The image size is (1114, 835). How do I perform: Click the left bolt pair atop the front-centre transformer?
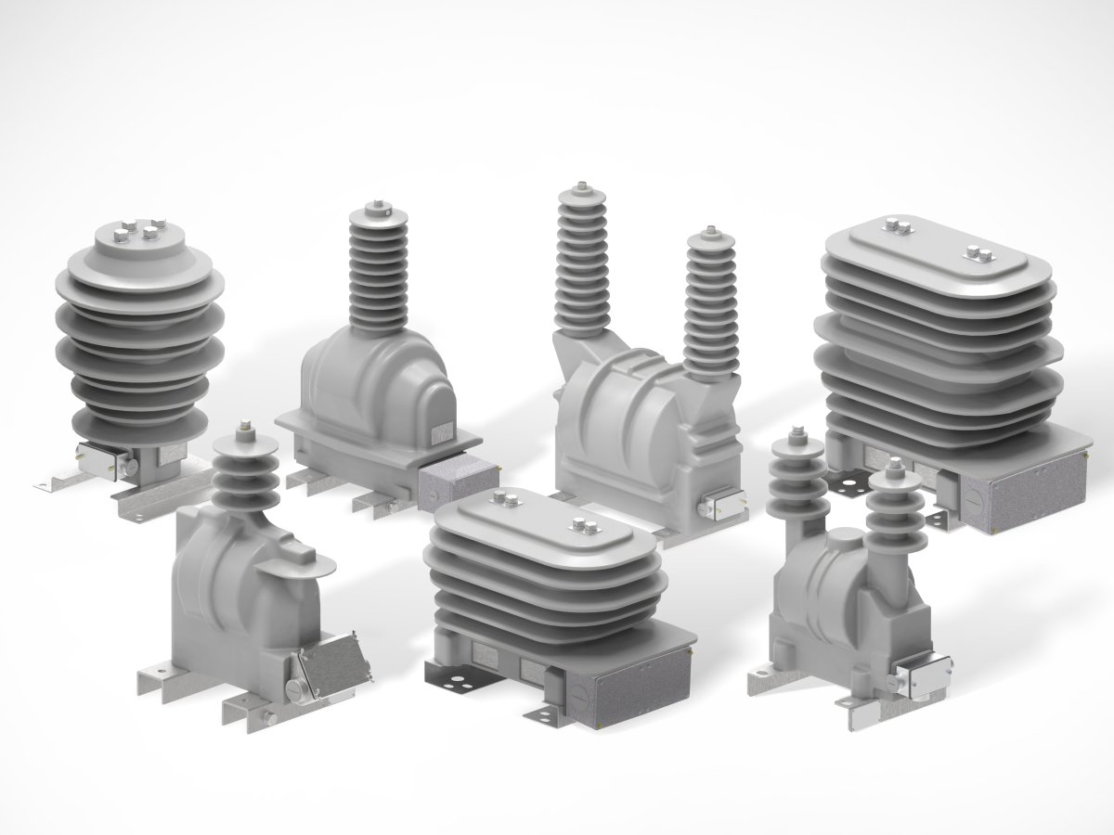tap(507, 502)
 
